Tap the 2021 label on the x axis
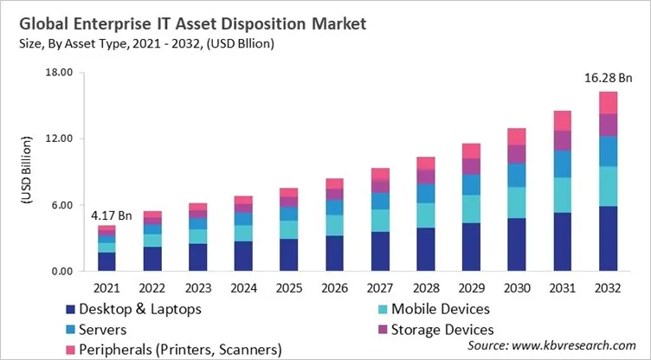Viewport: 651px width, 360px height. tap(106, 286)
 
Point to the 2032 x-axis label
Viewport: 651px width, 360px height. tap(608, 286)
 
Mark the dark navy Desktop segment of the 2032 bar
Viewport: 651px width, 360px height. tap(608, 238)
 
